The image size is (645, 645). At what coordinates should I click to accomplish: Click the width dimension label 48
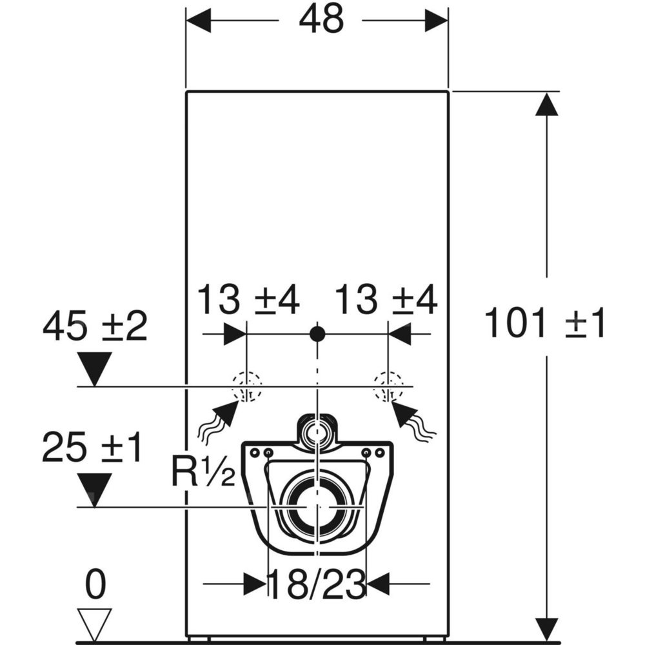pyautogui.click(x=321, y=20)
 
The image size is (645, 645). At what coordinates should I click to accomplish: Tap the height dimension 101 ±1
pyautogui.click(x=545, y=324)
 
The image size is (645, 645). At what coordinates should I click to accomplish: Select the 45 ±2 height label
pyautogui.click(x=95, y=326)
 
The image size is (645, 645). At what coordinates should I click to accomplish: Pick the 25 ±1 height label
pyautogui.click(x=92, y=447)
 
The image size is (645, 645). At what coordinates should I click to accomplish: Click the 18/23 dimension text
pyautogui.click(x=317, y=584)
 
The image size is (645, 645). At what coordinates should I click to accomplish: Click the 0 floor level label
pyautogui.click(x=95, y=584)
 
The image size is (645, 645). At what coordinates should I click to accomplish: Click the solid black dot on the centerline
pyautogui.click(x=317, y=334)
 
